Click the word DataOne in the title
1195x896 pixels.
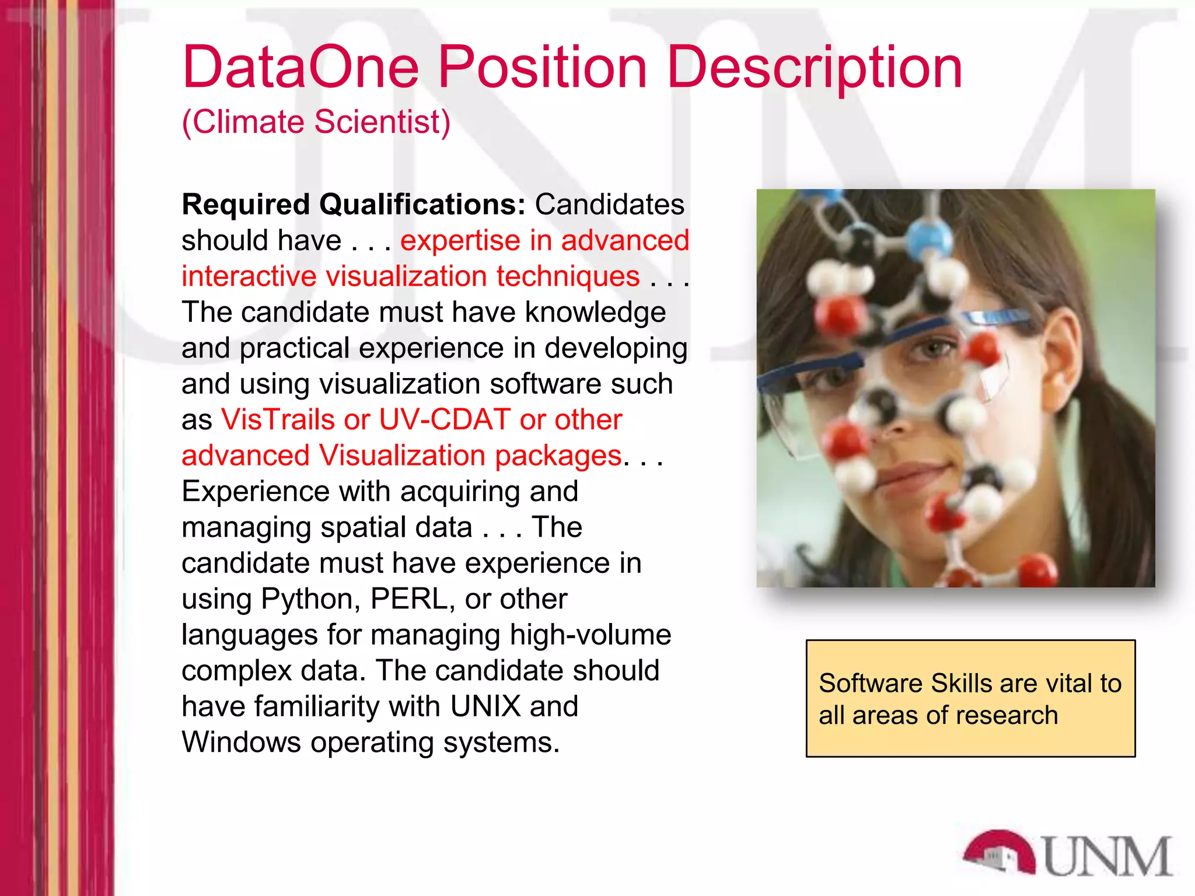point(301,68)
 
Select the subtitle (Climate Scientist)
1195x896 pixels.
point(316,123)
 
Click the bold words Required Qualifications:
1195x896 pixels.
point(354,205)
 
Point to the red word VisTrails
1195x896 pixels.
point(277,419)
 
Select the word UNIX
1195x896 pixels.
point(485,706)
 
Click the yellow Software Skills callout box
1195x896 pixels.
point(970,698)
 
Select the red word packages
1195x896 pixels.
point(558,456)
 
